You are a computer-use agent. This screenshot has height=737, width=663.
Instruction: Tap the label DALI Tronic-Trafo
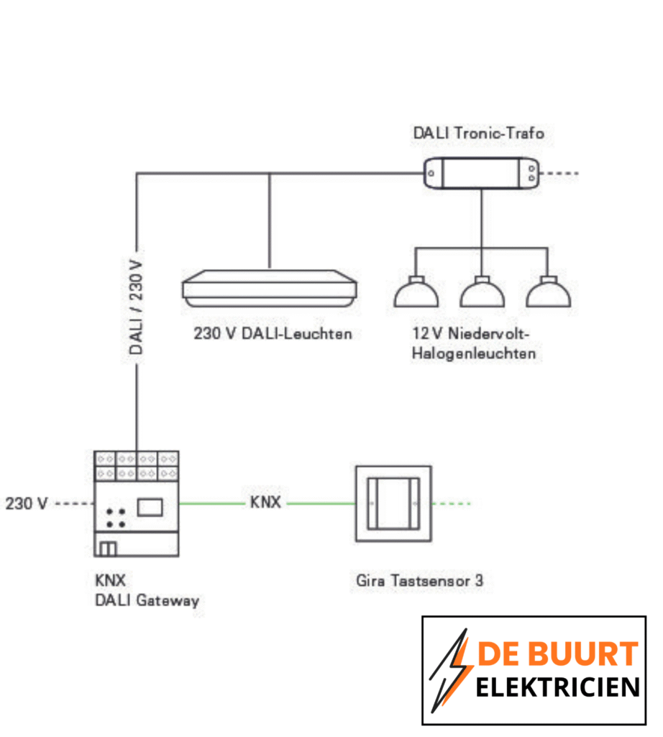coord(477,133)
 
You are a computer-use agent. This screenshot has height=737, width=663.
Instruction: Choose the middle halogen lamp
coord(483,292)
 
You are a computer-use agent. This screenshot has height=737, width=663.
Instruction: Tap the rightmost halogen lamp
coord(548,292)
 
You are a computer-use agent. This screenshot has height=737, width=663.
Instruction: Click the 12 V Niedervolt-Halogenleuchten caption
coord(474,344)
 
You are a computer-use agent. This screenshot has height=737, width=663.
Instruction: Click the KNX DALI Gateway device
coord(136,504)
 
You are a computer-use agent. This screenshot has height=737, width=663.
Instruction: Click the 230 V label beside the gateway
coord(27,504)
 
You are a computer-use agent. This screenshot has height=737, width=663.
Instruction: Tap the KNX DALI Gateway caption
coord(146,590)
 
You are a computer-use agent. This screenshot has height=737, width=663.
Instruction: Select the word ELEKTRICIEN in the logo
coord(557,687)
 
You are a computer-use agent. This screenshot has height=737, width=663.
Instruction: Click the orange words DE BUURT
coord(558,654)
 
